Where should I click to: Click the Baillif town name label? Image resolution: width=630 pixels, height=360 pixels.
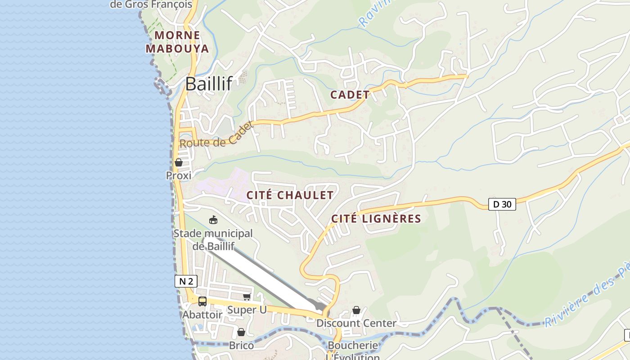point(208,84)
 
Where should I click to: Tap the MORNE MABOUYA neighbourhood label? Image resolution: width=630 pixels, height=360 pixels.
point(178,42)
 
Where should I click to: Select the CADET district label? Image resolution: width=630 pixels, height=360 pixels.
point(350,95)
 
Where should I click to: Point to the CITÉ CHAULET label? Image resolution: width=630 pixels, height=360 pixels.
point(290,195)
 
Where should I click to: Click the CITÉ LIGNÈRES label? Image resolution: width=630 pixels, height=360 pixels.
point(376,219)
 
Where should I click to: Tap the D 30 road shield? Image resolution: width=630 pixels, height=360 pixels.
point(502,204)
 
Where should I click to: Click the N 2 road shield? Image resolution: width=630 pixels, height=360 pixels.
point(186,282)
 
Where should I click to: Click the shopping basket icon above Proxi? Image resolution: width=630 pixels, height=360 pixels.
point(179,162)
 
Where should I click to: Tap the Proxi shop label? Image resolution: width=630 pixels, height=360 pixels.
point(179,175)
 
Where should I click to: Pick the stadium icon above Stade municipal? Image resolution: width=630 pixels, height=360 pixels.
point(213,220)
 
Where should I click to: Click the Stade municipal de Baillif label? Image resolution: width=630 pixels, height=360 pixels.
point(213,240)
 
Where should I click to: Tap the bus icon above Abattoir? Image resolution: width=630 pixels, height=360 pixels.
point(202,301)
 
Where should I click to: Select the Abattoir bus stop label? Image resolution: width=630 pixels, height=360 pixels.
point(202,315)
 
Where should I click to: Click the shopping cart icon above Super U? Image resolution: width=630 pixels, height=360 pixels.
point(247,297)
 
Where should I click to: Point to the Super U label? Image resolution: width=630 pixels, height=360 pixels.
point(247,310)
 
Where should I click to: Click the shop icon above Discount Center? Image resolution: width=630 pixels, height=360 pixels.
point(356,310)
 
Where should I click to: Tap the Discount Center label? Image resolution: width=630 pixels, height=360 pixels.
point(356,323)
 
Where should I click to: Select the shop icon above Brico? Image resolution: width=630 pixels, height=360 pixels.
point(241,332)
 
